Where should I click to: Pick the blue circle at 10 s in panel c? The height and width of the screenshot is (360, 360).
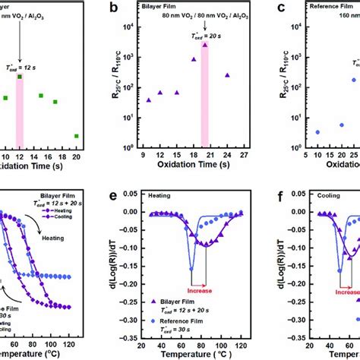pos(296,132)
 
